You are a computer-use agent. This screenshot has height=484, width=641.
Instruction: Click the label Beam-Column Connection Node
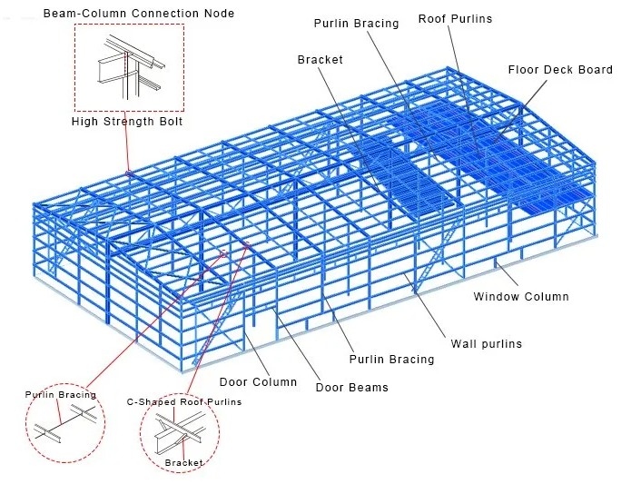(x=139, y=14)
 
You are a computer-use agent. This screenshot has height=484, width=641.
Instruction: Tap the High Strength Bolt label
(x=127, y=122)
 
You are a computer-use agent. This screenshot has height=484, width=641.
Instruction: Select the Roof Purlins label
(x=457, y=19)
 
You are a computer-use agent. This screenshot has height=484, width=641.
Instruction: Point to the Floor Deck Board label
(x=560, y=70)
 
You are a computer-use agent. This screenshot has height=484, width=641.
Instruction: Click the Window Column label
(x=521, y=297)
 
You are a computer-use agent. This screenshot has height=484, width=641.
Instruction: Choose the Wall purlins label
(x=487, y=344)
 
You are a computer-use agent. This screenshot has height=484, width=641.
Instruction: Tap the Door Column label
(x=258, y=382)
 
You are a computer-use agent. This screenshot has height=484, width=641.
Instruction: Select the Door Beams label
(x=351, y=388)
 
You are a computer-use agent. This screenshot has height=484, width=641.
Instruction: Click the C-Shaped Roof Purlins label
(x=184, y=401)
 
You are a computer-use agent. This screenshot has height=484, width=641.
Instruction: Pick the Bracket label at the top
(x=320, y=60)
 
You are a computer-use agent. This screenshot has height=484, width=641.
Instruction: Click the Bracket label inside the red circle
(x=183, y=463)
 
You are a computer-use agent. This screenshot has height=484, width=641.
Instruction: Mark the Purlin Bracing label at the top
(x=356, y=24)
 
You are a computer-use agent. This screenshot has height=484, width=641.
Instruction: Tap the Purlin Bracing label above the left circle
(x=60, y=395)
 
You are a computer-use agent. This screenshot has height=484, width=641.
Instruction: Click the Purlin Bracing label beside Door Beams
(x=392, y=360)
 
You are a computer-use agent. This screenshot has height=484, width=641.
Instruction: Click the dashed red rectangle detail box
(x=129, y=68)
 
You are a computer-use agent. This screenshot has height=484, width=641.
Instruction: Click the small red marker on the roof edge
(x=129, y=171)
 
